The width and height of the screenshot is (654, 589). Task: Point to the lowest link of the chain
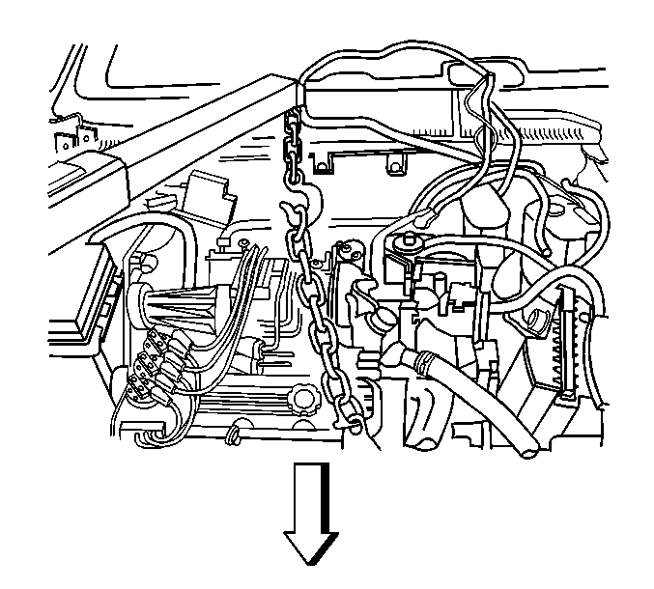[x=354, y=423]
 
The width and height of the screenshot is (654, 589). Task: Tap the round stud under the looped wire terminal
[x=406, y=241]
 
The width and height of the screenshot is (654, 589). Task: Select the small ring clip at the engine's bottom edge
[x=235, y=436]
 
